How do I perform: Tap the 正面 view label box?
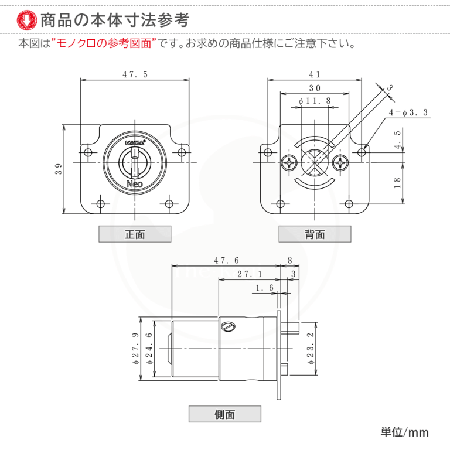tap(135, 234)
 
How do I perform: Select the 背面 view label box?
tap(315, 234)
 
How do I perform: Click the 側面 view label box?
tap(224, 414)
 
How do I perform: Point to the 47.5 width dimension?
tap(135, 74)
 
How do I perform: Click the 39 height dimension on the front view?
tap(59, 169)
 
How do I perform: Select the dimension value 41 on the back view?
tap(315, 74)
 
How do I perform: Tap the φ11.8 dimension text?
tap(315, 101)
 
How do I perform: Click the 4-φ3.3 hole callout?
tap(408, 112)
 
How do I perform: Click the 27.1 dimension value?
tap(250, 274)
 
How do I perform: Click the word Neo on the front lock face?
tap(135, 183)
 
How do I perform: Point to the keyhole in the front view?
tap(134, 162)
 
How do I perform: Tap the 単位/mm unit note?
tap(404, 432)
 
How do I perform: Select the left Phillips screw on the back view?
tap(289, 162)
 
